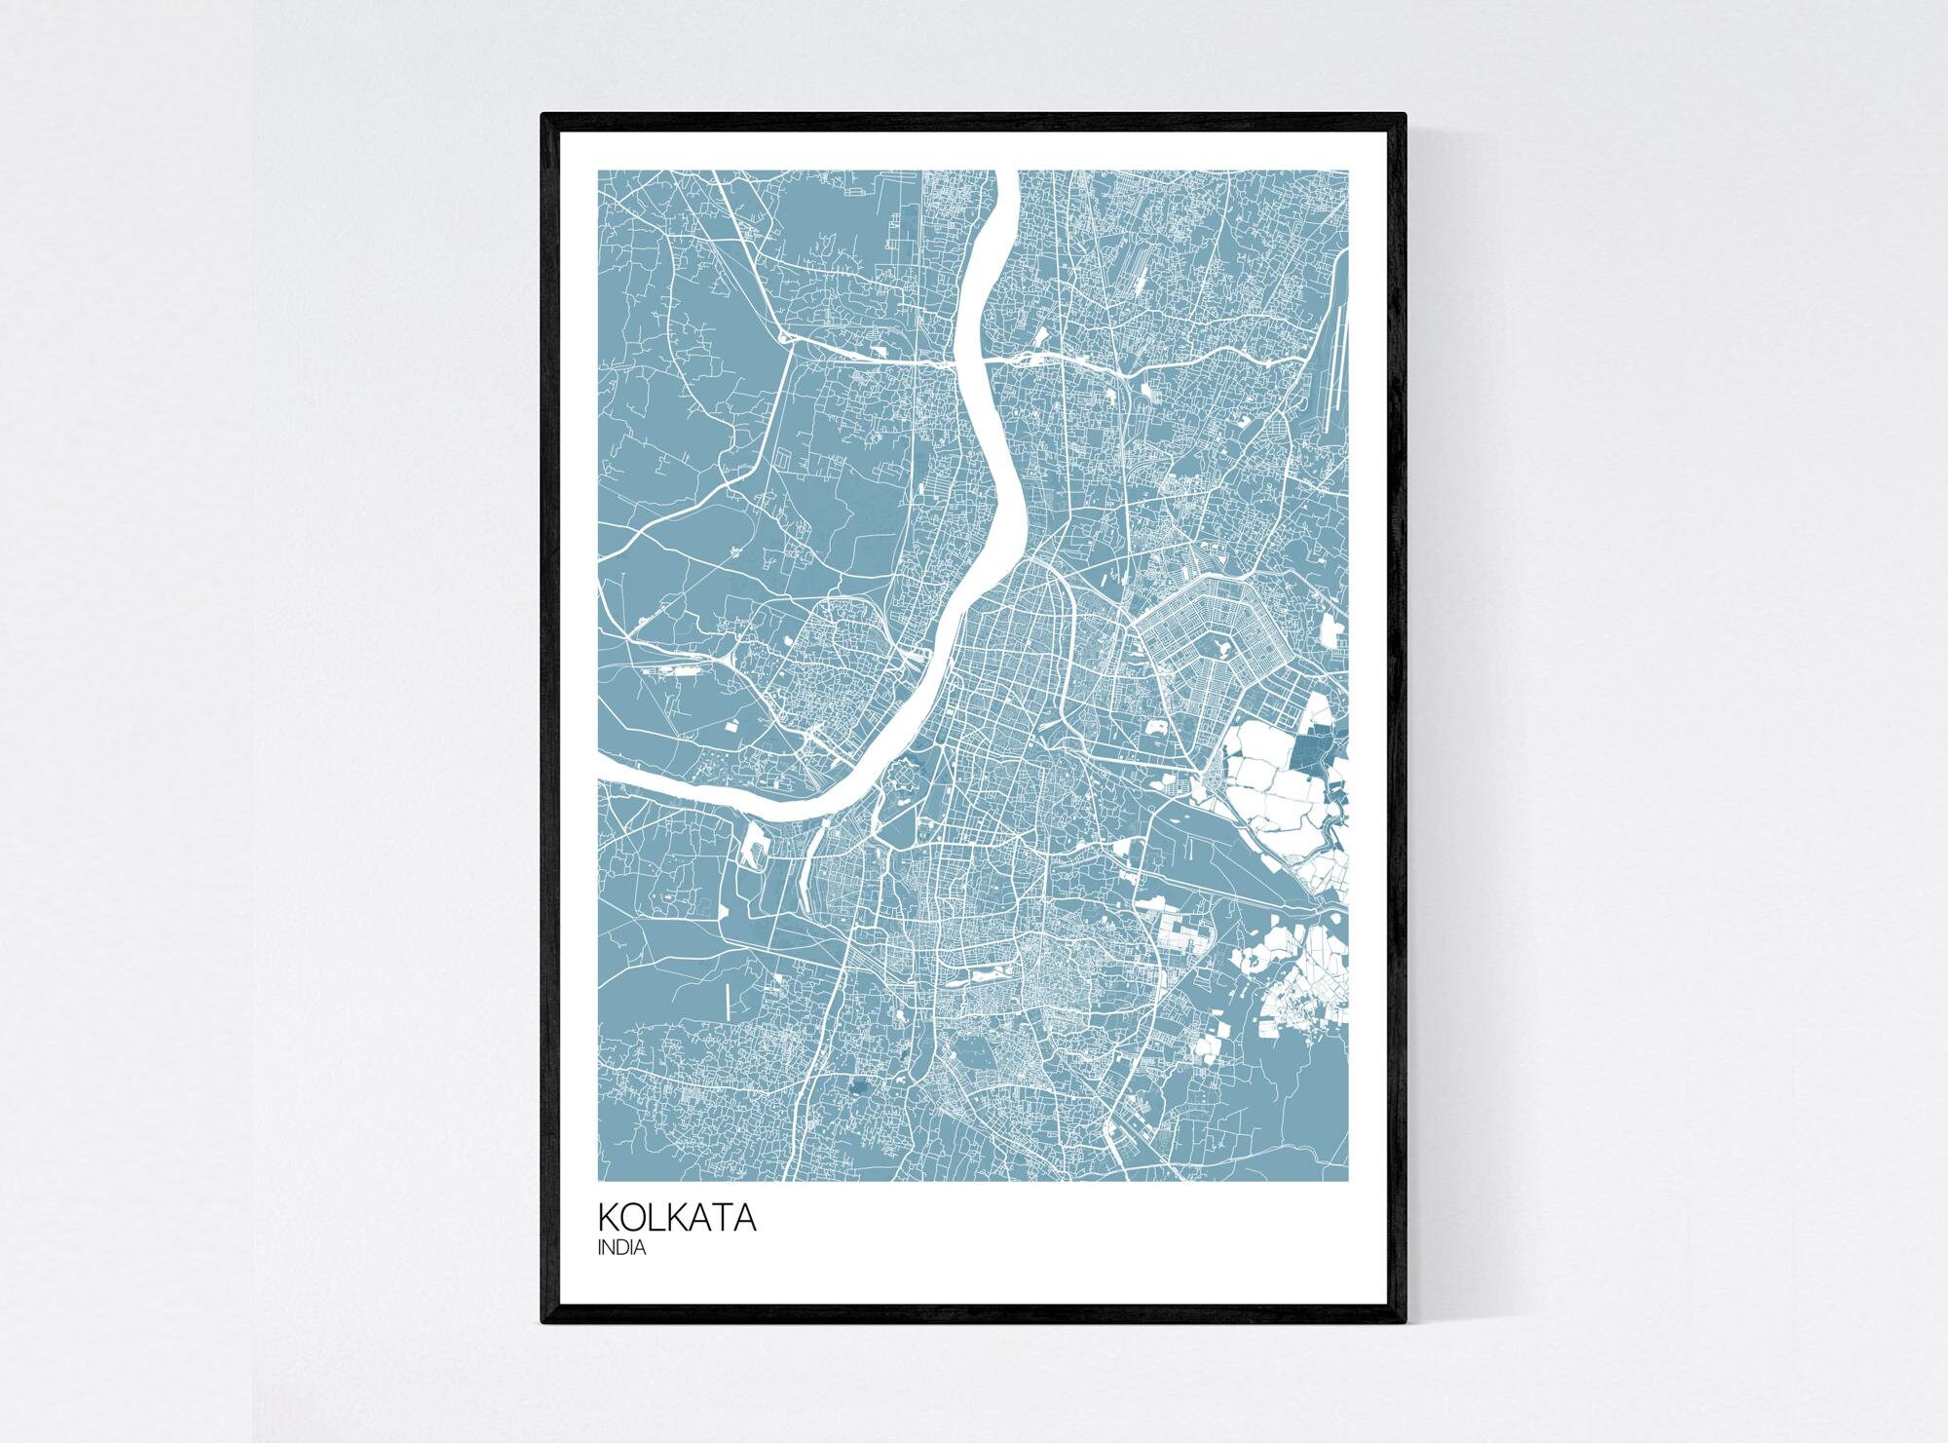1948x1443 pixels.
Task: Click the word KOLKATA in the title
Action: [x=677, y=1218]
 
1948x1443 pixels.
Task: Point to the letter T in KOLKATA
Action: [x=722, y=1218]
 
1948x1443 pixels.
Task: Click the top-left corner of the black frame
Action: [x=543, y=115]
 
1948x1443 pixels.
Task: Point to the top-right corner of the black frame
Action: [x=1405, y=115]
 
